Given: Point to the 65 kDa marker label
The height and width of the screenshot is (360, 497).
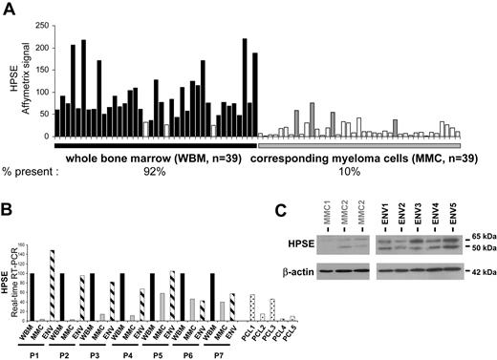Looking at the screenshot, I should click(x=475, y=233).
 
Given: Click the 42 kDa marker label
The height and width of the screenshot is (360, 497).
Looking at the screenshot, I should click(x=475, y=271).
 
